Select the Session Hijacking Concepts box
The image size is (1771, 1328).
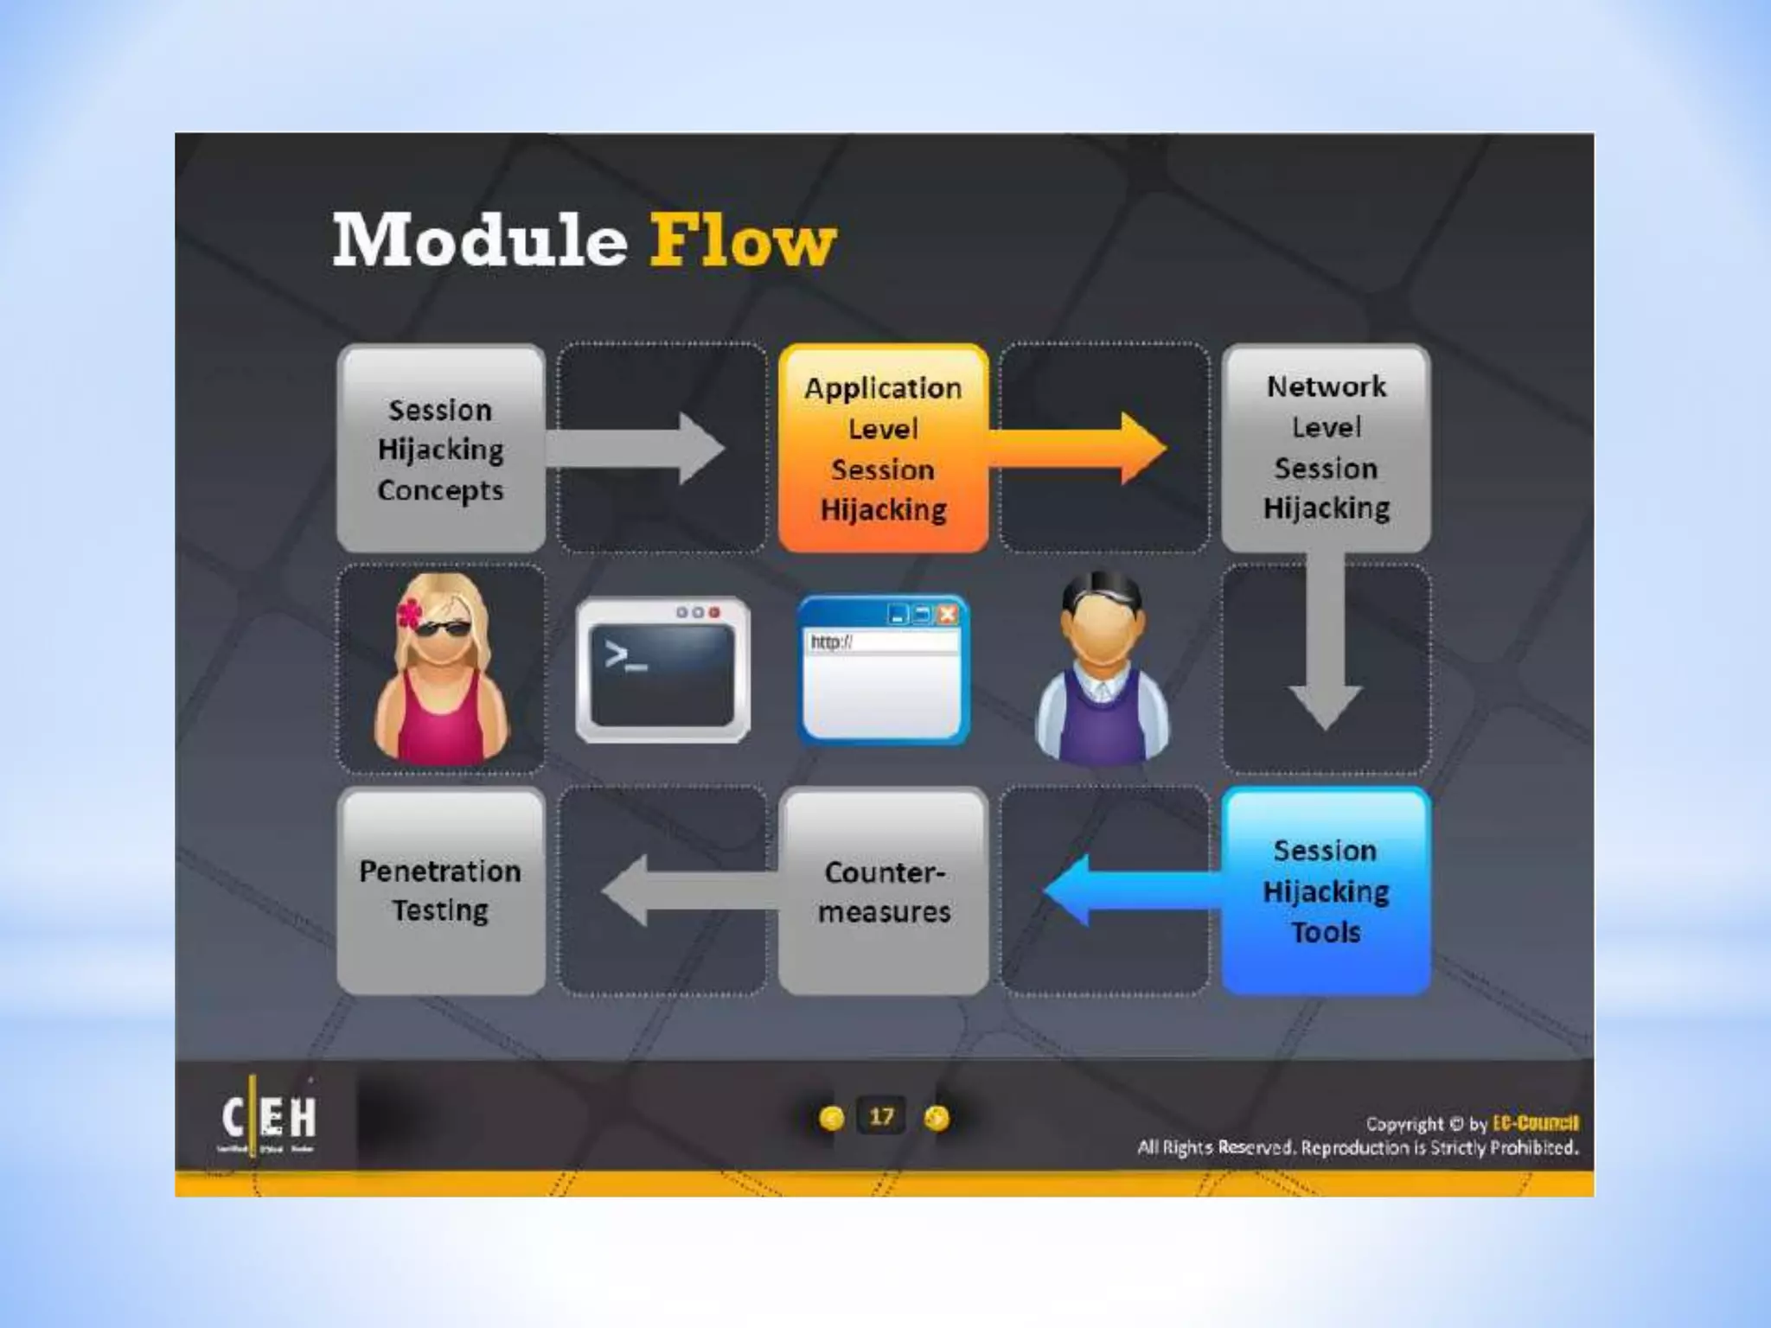click(x=440, y=449)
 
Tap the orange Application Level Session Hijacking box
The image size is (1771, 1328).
click(x=883, y=449)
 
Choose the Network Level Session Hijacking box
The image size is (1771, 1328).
click(x=1326, y=448)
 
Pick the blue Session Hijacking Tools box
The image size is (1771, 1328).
click(x=1326, y=891)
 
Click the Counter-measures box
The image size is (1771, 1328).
click(x=883, y=891)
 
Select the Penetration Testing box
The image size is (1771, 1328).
click(x=440, y=891)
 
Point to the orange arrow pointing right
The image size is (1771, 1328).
click(x=1081, y=449)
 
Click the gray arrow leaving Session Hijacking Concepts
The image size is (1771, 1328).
click(x=636, y=449)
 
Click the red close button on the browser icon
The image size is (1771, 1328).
click(x=948, y=615)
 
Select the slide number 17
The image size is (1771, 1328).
click(x=881, y=1117)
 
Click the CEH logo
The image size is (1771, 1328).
click(x=269, y=1119)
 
